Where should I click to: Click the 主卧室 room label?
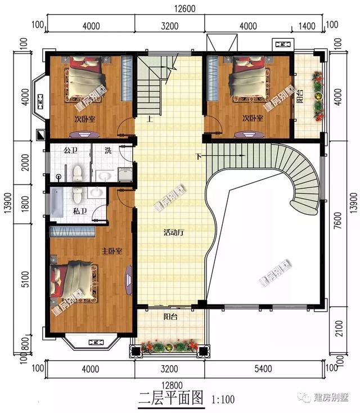pos(112,250)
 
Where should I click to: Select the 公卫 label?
pos(70,150)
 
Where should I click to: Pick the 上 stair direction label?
pos(150,119)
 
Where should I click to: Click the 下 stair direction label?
pos(198,156)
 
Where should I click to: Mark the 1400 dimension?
pos(307,26)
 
